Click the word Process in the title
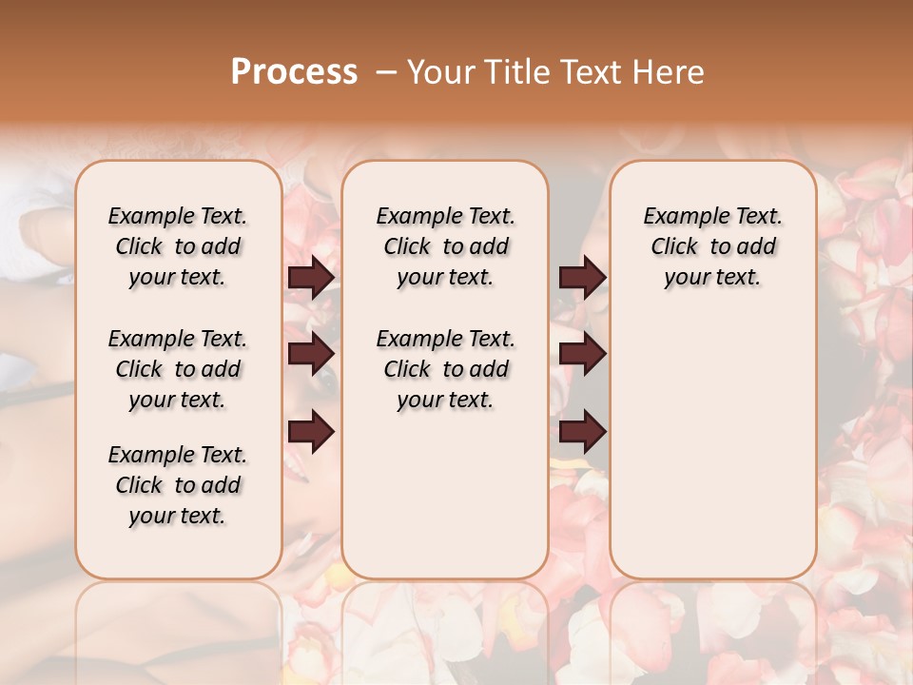(294, 71)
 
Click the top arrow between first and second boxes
(311, 277)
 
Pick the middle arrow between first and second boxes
(311, 354)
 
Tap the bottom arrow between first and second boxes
(311, 432)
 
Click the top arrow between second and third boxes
(582, 277)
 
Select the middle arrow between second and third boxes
(582, 354)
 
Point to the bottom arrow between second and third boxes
(582, 432)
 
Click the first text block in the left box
(178, 246)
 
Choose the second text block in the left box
(178, 369)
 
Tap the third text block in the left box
(178, 485)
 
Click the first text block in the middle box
(445, 246)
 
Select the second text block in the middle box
(445, 369)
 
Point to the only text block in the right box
(712, 246)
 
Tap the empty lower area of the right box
(712, 447)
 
